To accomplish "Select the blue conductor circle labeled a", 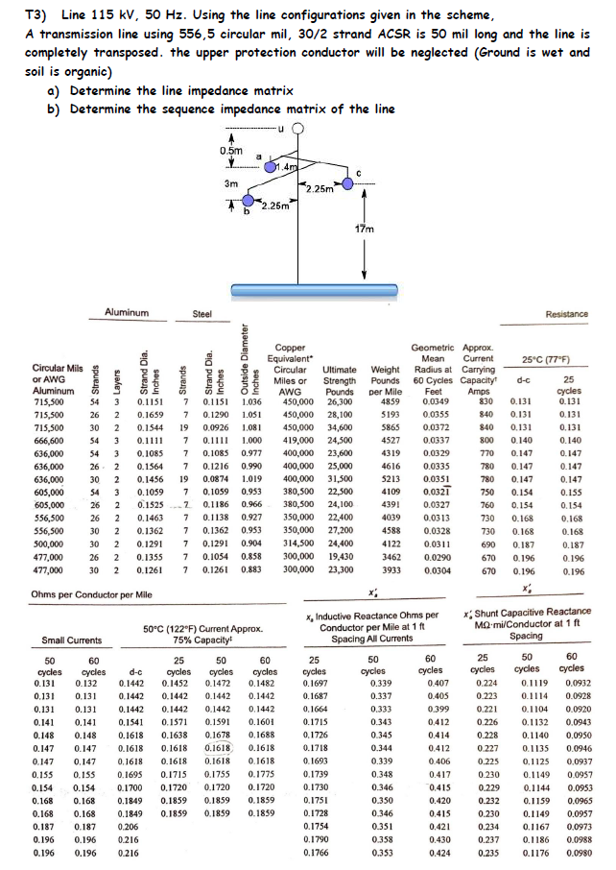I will pyautogui.click(x=270, y=169).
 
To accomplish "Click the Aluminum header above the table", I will pyautogui.click(x=127, y=312).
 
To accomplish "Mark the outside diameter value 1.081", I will pyautogui.click(x=251, y=425).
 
